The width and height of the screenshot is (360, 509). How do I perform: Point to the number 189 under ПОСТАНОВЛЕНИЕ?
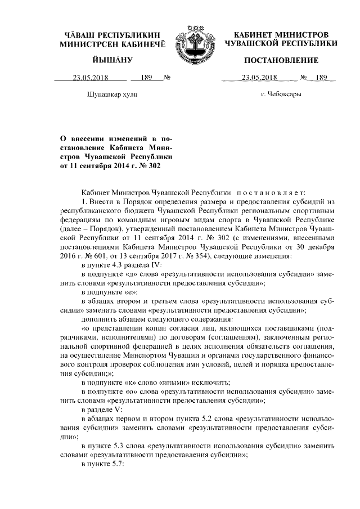pyautogui.click(x=321, y=78)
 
